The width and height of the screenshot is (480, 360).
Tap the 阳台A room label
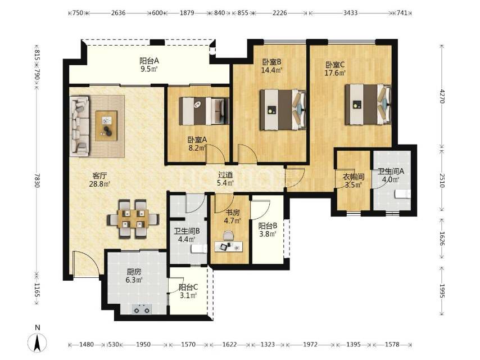[x=149, y=61]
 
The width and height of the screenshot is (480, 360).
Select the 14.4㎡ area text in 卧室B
[x=271, y=70]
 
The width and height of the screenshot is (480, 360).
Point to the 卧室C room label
[x=335, y=65]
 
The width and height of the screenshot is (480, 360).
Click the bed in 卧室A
[x=204, y=111]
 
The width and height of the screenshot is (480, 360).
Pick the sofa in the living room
[x=80, y=125]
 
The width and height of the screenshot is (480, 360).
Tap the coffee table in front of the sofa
[x=106, y=125]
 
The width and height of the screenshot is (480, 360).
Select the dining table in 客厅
[x=133, y=219]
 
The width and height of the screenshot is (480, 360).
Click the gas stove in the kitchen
[x=142, y=309]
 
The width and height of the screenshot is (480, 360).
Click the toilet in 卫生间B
[x=198, y=249]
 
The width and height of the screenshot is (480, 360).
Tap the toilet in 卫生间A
[x=402, y=194]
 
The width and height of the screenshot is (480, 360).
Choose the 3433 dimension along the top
[x=350, y=13]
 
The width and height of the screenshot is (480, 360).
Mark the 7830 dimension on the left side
[x=37, y=181]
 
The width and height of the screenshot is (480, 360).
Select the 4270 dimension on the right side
[x=442, y=96]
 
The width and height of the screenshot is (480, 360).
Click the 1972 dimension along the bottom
[x=310, y=344]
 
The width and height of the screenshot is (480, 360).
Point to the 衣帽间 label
[x=354, y=177]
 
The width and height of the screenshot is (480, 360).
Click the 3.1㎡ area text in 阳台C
[x=188, y=295]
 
